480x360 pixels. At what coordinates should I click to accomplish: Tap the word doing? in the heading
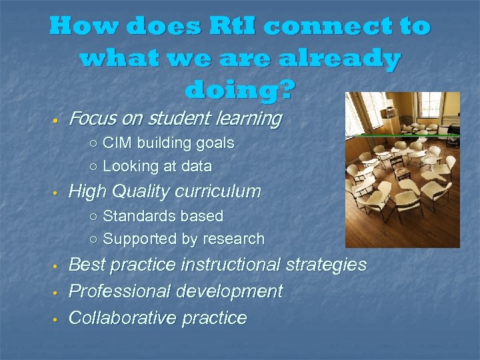tap(239, 89)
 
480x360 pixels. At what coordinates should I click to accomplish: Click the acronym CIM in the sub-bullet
tap(117, 143)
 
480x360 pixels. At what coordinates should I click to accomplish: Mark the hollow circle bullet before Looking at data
tap(94, 167)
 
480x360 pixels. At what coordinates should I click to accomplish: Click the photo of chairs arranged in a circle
tap(402, 169)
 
